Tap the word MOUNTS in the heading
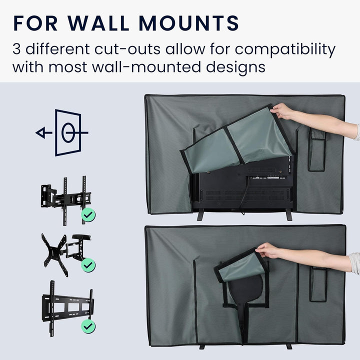coord(189,23)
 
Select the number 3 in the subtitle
coord(16,49)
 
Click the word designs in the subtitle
coord(235,67)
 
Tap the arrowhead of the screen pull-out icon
coord(40,133)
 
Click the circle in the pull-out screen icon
coord(68,132)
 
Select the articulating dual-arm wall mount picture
coord(66,200)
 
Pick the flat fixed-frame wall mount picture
coord(67,308)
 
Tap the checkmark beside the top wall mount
coord(88,215)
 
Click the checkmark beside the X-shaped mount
coord(88,265)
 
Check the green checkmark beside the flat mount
coord(88,326)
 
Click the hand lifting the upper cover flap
coord(282,111)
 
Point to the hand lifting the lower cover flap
coord(268,250)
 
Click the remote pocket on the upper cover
coord(317,149)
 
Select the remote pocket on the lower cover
coord(318,284)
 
